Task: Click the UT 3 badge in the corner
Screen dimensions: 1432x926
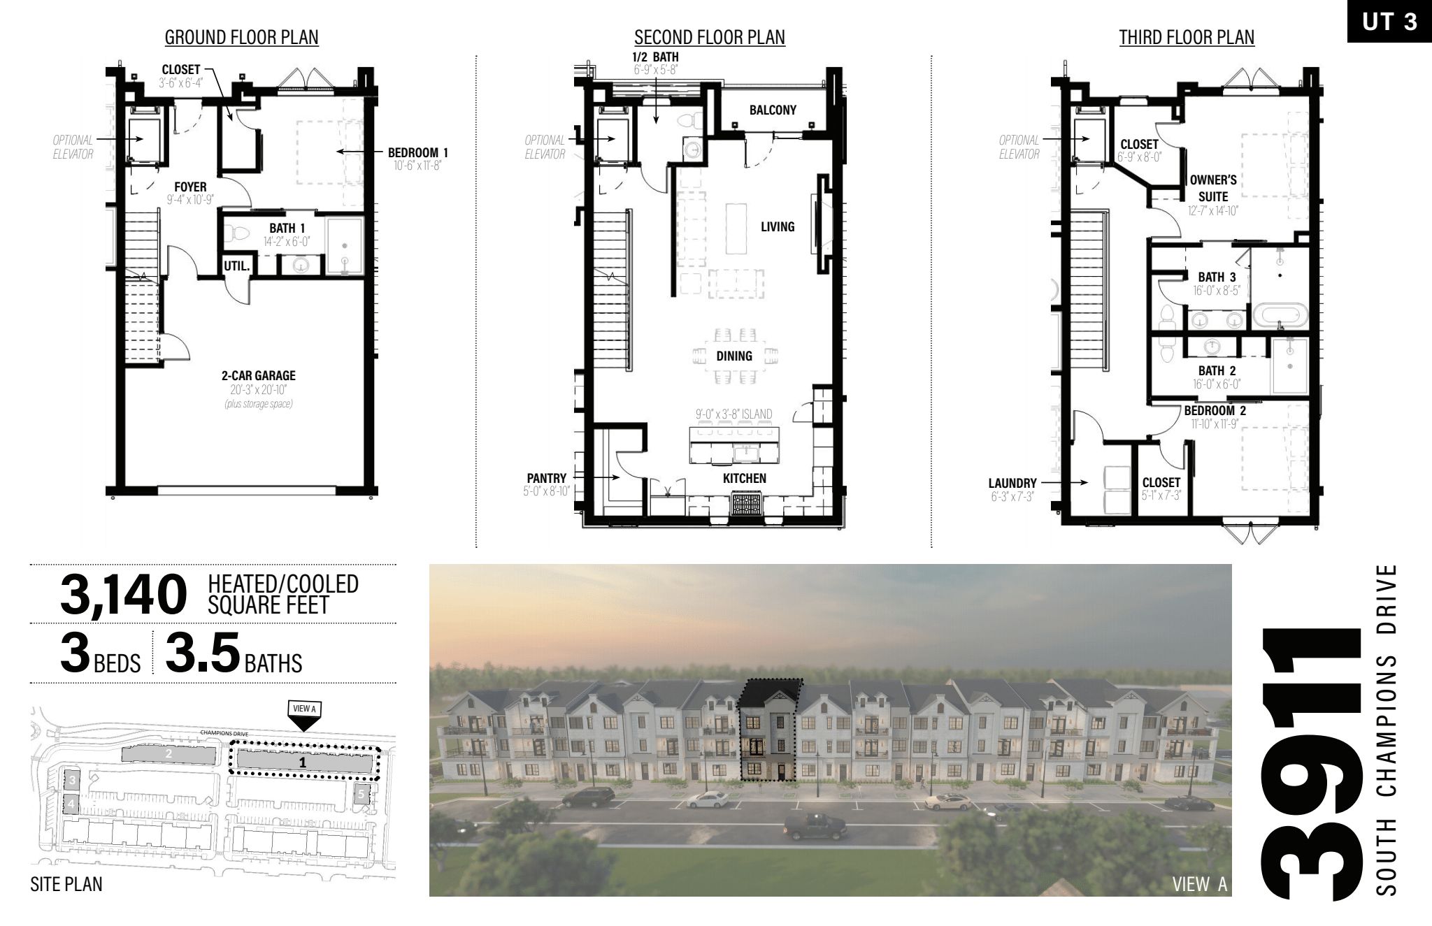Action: pos(1389,22)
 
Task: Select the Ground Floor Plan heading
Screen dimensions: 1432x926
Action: pos(241,38)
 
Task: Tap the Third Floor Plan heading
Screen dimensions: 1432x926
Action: pos(1187,38)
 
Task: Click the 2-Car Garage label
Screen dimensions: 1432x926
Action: pos(259,376)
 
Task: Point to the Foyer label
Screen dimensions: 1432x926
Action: pos(190,187)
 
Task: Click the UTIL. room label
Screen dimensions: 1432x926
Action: pos(237,266)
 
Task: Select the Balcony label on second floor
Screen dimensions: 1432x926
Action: pos(773,110)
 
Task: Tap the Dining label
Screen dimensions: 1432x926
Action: pos(734,356)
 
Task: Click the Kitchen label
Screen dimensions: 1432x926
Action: pos(745,478)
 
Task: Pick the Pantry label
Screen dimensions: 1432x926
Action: pos(547,478)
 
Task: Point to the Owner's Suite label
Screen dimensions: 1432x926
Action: pos(1213,188)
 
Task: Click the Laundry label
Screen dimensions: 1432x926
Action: pos(1012,483)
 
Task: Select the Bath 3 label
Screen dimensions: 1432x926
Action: pos(1217,277)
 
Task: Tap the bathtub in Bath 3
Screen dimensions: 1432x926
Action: pos(1279,315)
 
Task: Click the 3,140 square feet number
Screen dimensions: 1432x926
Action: pos(124,595)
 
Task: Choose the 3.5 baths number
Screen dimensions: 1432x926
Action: pos(203,653)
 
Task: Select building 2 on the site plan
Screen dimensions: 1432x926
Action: pos(169,754)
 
